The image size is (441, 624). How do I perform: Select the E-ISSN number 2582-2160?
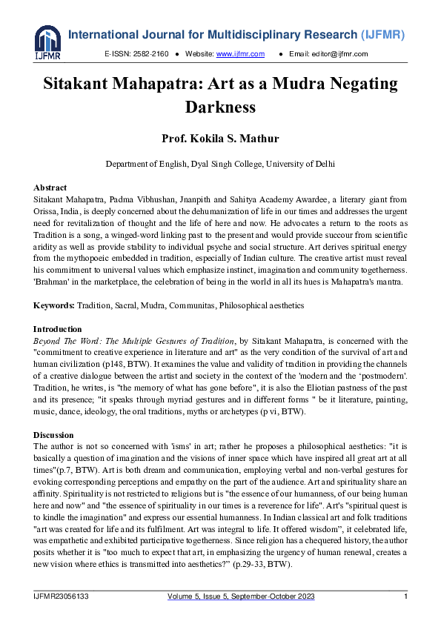click(x=151, y=54)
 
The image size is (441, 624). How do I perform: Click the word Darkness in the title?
click(x=220, y=107)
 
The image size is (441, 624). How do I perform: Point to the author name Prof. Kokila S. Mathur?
click(x=220, y=138)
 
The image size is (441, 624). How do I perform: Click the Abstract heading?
click(x=50, y=187)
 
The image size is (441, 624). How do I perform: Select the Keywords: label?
click(x=54, y=305)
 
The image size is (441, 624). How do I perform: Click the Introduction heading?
click(x=58, y=328)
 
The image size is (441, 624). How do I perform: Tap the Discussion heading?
click(x=53, y=435)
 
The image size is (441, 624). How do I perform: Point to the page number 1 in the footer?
click(x=405, y=597)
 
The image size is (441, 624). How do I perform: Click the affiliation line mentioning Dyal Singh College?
click(x=220, y=164)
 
